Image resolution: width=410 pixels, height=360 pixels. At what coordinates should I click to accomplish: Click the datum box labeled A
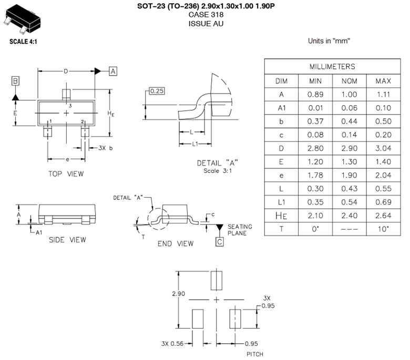(114, 71)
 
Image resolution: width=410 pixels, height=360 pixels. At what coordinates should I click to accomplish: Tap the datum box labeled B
(16, 81)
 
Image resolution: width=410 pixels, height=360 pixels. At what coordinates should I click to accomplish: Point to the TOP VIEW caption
(66, 173)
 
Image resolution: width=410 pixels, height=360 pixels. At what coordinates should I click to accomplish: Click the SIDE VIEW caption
(67, 240)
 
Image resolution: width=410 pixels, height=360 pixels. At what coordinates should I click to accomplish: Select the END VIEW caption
(176, 243)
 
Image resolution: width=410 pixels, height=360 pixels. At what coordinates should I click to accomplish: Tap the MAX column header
(383, 81)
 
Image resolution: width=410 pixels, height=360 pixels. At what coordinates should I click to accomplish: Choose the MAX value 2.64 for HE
(383, 215)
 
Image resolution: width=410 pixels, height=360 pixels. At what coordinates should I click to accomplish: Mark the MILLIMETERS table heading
(331, 67)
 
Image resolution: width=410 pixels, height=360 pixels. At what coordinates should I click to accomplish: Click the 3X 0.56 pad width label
(174, 344)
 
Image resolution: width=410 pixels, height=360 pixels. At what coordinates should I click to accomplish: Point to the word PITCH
(254, 354)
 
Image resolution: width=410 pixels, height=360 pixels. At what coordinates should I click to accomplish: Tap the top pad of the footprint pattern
(217, 280)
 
